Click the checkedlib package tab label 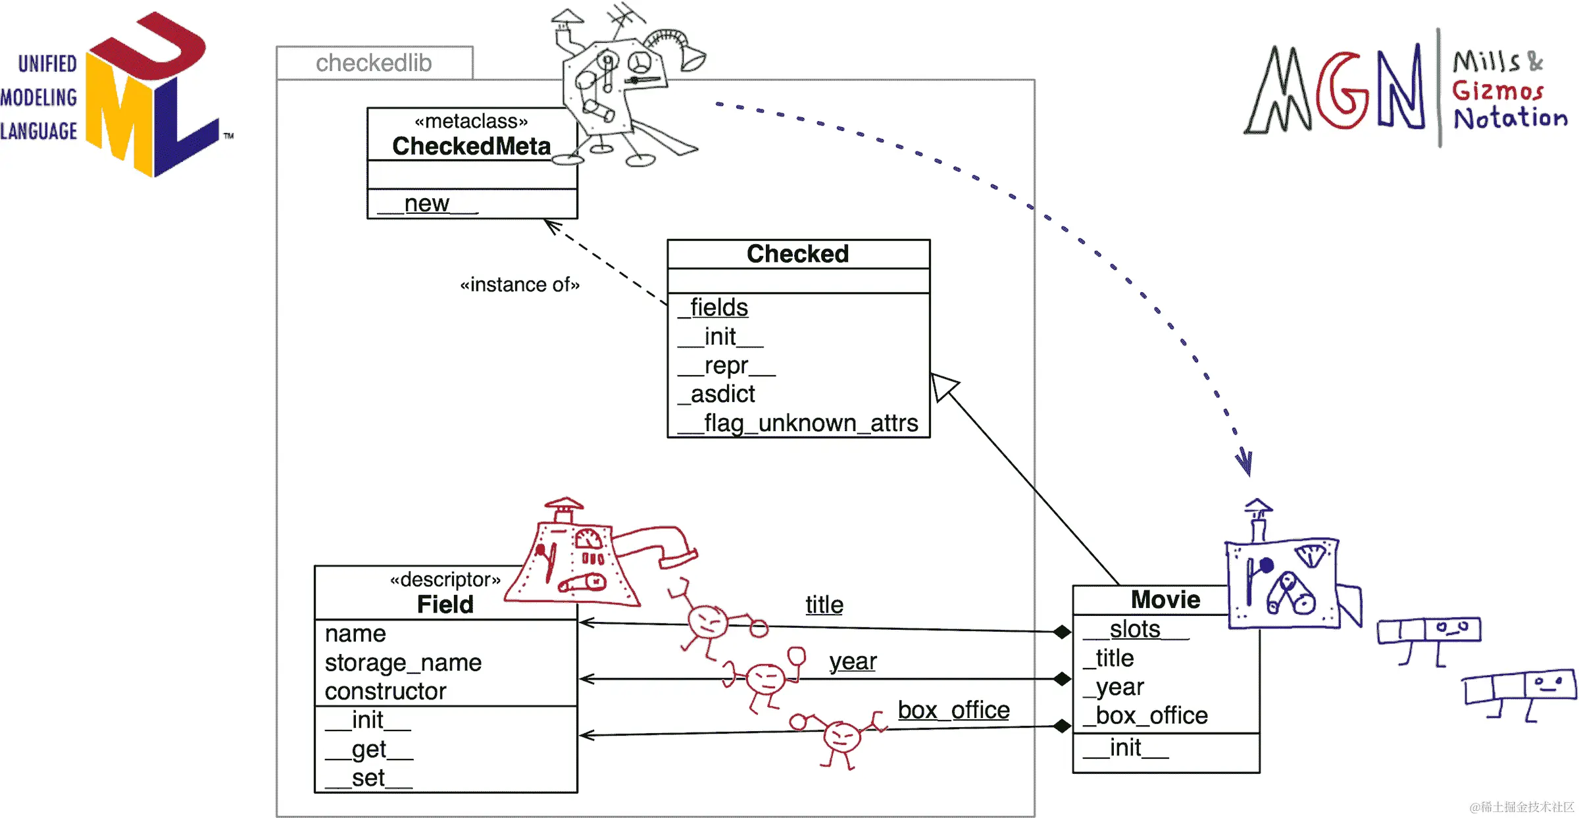point(374,63)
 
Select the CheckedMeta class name point(471,146)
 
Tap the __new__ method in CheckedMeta point(428,204)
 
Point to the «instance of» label point(520,285)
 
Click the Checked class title point(797,254)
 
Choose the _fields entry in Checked point(717,308)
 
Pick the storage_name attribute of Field point(403,663)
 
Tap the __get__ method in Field point(369,750)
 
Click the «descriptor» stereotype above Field point(445,580)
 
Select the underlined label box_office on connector point(953,711)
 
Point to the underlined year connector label point(853,661)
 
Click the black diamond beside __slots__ point(1061,632)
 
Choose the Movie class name point(1165,600)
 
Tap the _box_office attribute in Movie point(1146,716)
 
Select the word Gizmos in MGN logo point(1497,91)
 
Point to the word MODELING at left point(39,98)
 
